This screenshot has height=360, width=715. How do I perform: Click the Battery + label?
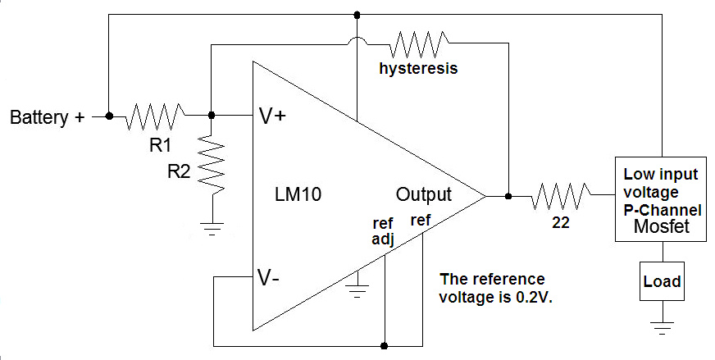point(47,117)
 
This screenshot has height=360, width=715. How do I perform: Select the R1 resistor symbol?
point(155,116)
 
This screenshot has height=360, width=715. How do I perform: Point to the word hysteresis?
point(418,69)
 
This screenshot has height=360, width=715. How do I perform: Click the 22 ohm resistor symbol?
point(561,196)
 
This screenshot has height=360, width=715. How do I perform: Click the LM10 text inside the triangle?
point(298,195)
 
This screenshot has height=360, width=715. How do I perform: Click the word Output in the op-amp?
point(423,195)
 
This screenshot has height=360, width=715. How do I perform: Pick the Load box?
point(662,281)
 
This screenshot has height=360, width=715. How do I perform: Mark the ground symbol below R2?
point(212,229)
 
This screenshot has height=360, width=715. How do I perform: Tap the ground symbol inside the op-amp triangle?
point(357,288)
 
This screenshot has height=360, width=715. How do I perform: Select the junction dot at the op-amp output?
point(508,196)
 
